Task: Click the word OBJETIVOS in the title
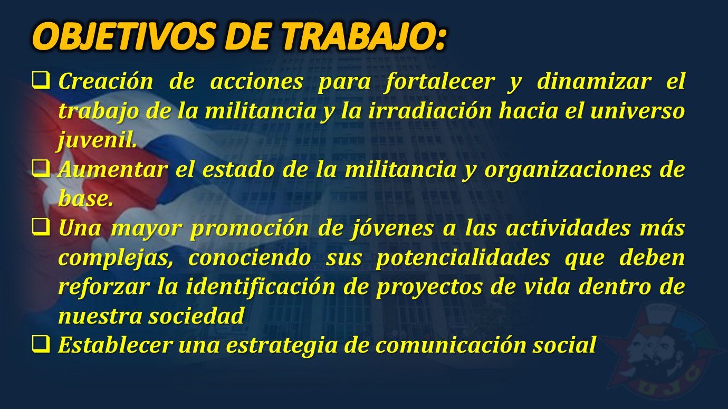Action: pos(124,36)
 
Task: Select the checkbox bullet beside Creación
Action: pos(41,80)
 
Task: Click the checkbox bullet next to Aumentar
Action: pos(41,168)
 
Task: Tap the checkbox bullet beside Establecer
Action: pos(41,344)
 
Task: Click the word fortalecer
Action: pos(440,82)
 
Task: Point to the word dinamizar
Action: pos(595,81)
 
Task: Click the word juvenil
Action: pos(98,141)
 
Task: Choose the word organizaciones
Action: pos(568,170)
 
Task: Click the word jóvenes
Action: pos(391,229)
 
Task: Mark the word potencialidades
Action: pos(463,259)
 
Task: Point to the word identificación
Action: pos(261,287)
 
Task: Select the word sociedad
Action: pos(196,316)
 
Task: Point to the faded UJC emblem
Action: pos(663,349)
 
